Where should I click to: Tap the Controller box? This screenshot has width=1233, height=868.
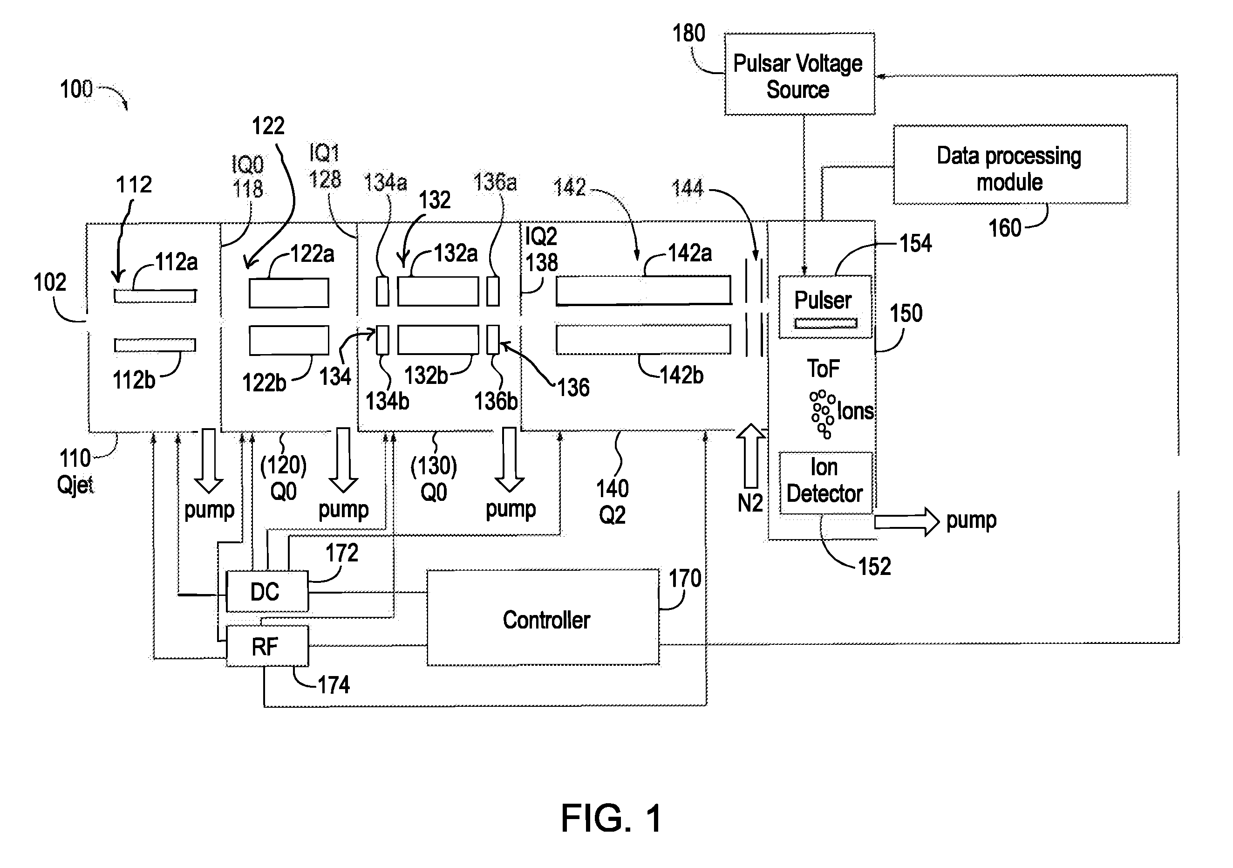[x=543, y=618]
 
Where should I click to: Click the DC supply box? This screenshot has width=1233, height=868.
[x=267, y=591]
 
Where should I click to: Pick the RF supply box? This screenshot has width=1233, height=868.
[x=267, y=646]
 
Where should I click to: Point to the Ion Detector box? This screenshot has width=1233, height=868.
[x=825, y=483]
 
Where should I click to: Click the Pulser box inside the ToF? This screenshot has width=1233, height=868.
[x=825, y=307]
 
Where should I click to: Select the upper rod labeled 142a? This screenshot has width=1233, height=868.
[x=643, y=291]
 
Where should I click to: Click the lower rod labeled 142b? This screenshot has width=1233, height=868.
[x=643, y=340]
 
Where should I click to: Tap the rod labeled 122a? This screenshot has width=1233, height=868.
[x=289, y=293]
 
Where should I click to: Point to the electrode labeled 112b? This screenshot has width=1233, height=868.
[x=155, y=345]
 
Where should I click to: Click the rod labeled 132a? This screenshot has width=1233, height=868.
[x=438, y=291]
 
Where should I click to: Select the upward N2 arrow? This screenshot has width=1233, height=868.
[x=750, y=456]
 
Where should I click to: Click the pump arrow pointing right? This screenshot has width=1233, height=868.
[x=906, y=521]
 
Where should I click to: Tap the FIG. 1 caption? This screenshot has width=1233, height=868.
[x=611, y=819]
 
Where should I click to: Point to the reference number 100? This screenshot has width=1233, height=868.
[x=76, y=89]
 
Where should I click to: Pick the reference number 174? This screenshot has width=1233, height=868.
[x=334, y=685]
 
